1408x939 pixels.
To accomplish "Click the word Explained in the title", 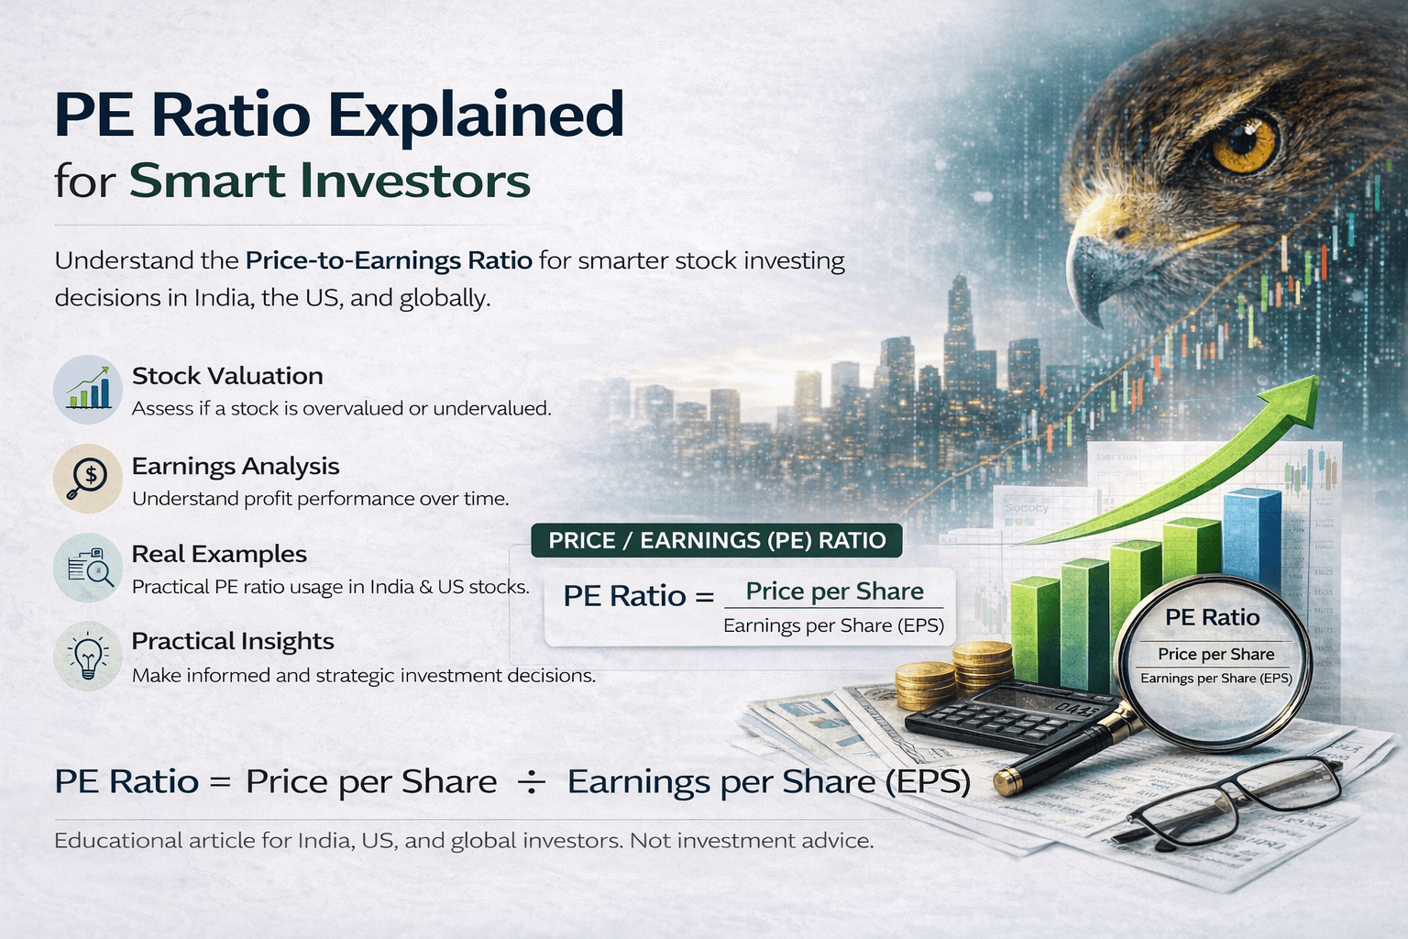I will click(x=476, y=116).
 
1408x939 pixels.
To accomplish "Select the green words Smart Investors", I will click(x=329, y=181).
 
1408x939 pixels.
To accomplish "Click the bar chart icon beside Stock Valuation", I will click(x=88, y=390).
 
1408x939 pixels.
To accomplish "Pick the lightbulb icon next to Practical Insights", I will click(x=88, y=656).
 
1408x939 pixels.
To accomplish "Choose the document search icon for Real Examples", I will click(x=88, y=568).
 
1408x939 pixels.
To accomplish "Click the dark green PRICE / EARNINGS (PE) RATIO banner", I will click(x=717, y=540).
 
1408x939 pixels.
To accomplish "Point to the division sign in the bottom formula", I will click(x=532, y=782).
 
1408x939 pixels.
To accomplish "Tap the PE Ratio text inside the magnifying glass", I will click(x=1212, y=618).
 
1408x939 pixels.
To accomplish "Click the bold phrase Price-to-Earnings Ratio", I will click(x=389, y=260).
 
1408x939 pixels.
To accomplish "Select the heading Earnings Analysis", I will click(x=236, y=466).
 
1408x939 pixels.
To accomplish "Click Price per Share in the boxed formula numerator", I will click(x=834, y=591).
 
